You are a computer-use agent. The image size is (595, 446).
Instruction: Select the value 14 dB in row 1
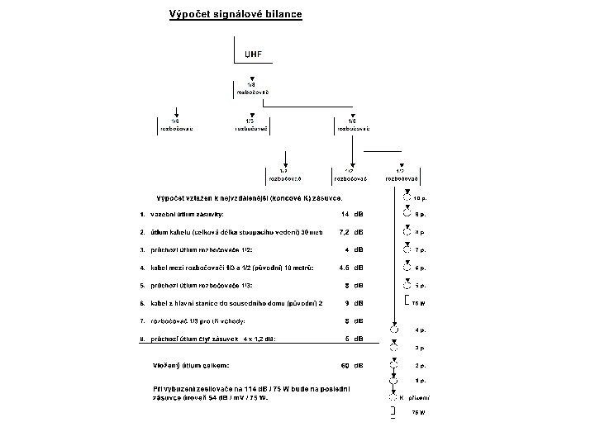(353, 214)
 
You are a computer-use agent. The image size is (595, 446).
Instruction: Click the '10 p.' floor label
(421, 198)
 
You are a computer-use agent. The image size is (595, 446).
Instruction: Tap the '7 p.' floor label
(420, 249)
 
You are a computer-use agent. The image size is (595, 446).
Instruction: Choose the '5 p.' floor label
(420, 285)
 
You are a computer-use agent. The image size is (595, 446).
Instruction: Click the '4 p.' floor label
(420, 330)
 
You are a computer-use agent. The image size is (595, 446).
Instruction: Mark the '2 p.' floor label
(420, 364)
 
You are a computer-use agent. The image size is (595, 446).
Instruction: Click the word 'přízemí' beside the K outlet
(421, 397)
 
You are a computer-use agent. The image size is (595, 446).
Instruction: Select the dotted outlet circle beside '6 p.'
(407, 268)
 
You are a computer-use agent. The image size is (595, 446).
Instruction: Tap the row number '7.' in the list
(142, 320)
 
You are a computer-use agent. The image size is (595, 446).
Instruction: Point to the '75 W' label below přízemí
(418, 412)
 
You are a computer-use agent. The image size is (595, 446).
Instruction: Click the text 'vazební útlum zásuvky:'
(187, 214)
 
